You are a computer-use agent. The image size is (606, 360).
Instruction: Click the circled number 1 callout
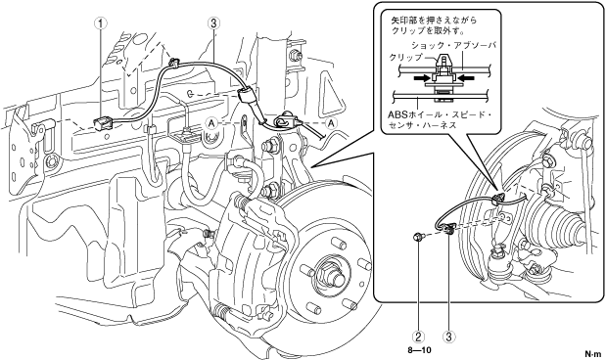101,23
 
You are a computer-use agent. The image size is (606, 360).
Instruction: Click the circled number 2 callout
418,337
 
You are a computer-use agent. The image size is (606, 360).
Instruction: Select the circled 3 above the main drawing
213,23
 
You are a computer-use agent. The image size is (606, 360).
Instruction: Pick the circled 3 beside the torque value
449,337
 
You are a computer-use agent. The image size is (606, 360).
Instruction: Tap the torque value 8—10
419,350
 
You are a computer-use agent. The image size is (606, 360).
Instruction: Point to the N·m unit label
593,353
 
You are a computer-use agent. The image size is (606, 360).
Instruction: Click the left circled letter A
211,123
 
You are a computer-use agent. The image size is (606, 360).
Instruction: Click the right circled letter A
331,123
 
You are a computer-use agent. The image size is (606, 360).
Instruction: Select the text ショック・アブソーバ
453,46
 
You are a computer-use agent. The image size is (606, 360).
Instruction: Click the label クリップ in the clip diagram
406,58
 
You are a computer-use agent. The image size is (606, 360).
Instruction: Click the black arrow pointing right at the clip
422,78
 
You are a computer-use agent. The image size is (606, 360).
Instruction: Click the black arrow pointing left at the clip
466,78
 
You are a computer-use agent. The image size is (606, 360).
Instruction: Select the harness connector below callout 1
103,123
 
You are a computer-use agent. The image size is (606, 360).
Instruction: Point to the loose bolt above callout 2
418,237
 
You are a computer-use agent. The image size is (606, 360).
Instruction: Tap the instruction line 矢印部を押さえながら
434,21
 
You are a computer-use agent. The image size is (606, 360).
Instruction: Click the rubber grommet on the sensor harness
246,95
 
